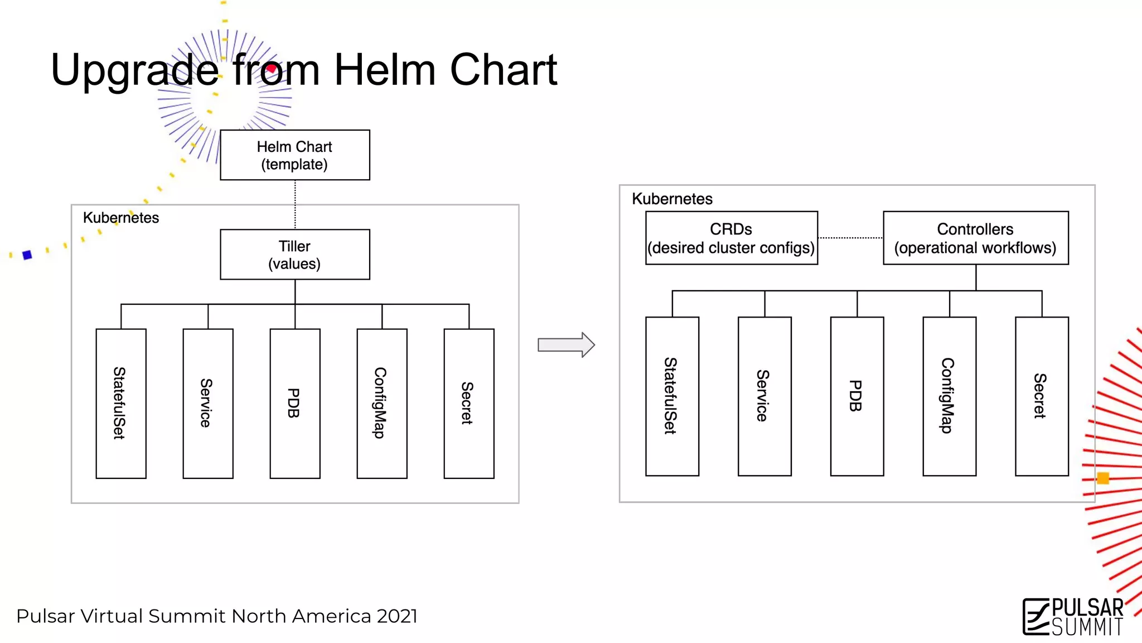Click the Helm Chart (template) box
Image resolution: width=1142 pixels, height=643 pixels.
point(294,155)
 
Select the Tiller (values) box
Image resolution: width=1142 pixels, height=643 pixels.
point(294,255)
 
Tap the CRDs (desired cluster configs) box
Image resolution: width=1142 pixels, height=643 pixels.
point(731,238)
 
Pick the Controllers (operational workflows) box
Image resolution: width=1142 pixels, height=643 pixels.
point(975,238)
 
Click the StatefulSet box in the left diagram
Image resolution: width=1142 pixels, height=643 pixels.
point(120,403)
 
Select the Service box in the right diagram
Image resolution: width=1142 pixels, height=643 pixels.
point(764,396)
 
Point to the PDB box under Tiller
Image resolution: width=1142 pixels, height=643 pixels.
point(294,403)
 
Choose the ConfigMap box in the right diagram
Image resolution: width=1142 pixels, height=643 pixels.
point(949,396)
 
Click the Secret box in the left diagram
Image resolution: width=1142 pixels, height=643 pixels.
point(468,403)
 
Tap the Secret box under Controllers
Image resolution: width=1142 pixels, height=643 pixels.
point(1041,396)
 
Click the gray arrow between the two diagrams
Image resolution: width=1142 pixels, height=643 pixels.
point(565,345)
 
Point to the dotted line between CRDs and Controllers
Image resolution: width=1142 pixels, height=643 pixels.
point(850,238)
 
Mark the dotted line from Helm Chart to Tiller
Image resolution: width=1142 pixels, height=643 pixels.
point(295,204)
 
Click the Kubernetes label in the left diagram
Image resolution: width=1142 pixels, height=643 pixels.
point(121,218)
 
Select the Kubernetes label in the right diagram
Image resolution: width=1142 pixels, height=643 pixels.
point(672,199)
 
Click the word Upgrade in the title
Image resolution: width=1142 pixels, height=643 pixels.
point(134,70)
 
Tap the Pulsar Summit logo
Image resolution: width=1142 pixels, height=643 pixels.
point(1072,617)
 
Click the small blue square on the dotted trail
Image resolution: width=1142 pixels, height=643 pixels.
point(27,255)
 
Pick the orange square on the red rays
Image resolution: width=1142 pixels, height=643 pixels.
point(1102,478)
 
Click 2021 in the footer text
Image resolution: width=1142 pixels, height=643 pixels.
point(396,616)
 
